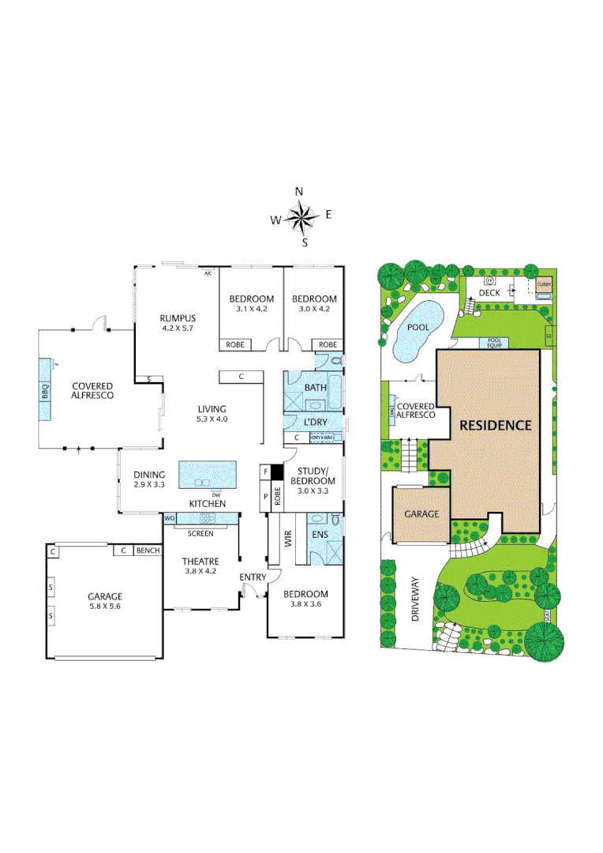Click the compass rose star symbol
[301, 216]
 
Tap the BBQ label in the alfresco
[45, 389]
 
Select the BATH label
[316, 388]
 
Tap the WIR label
[287, 539]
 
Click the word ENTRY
[253, 577]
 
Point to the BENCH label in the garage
[148, 551]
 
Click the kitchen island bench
[208, 475]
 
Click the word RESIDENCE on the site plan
[496, 424]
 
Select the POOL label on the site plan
[418, 327]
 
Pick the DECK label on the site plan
[490, 293]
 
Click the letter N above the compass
[299, 192]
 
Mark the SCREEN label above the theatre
[200, 534]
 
